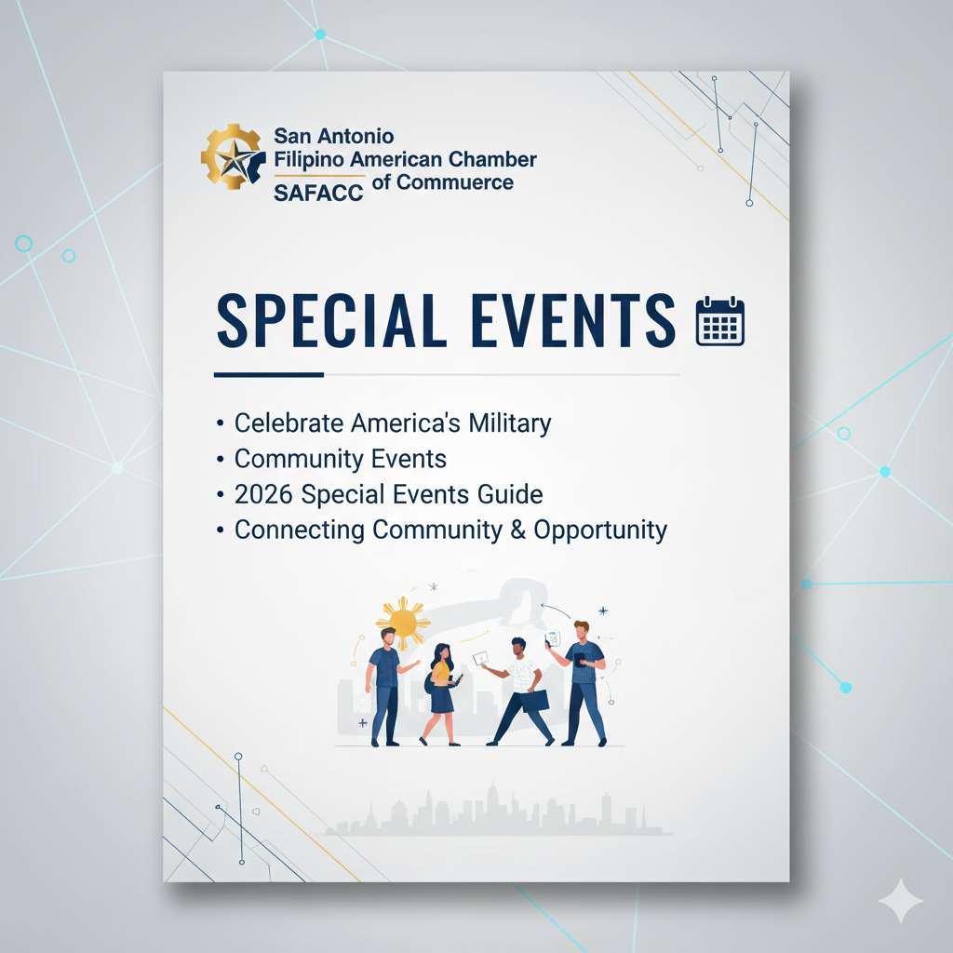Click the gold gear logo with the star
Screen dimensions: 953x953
click(233, 156)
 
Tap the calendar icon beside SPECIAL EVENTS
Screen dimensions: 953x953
click(720, 321)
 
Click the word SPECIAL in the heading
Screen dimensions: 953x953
click(332, 321)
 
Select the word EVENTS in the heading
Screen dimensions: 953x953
click(573, 321)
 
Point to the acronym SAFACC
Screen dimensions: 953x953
click(318, 193)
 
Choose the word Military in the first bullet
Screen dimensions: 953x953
click(509, 423)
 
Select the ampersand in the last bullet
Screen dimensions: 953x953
click(517, 530)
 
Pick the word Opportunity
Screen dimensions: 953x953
click(600, 530)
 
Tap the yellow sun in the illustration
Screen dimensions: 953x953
click(403, 622)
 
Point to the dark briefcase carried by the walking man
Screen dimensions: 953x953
click(535, 701)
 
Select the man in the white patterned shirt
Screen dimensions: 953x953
click(518, 691)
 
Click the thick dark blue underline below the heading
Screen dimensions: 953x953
click(269, 374)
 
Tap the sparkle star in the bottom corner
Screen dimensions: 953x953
click(901, 900)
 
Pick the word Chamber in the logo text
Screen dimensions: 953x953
click(492, 158)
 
